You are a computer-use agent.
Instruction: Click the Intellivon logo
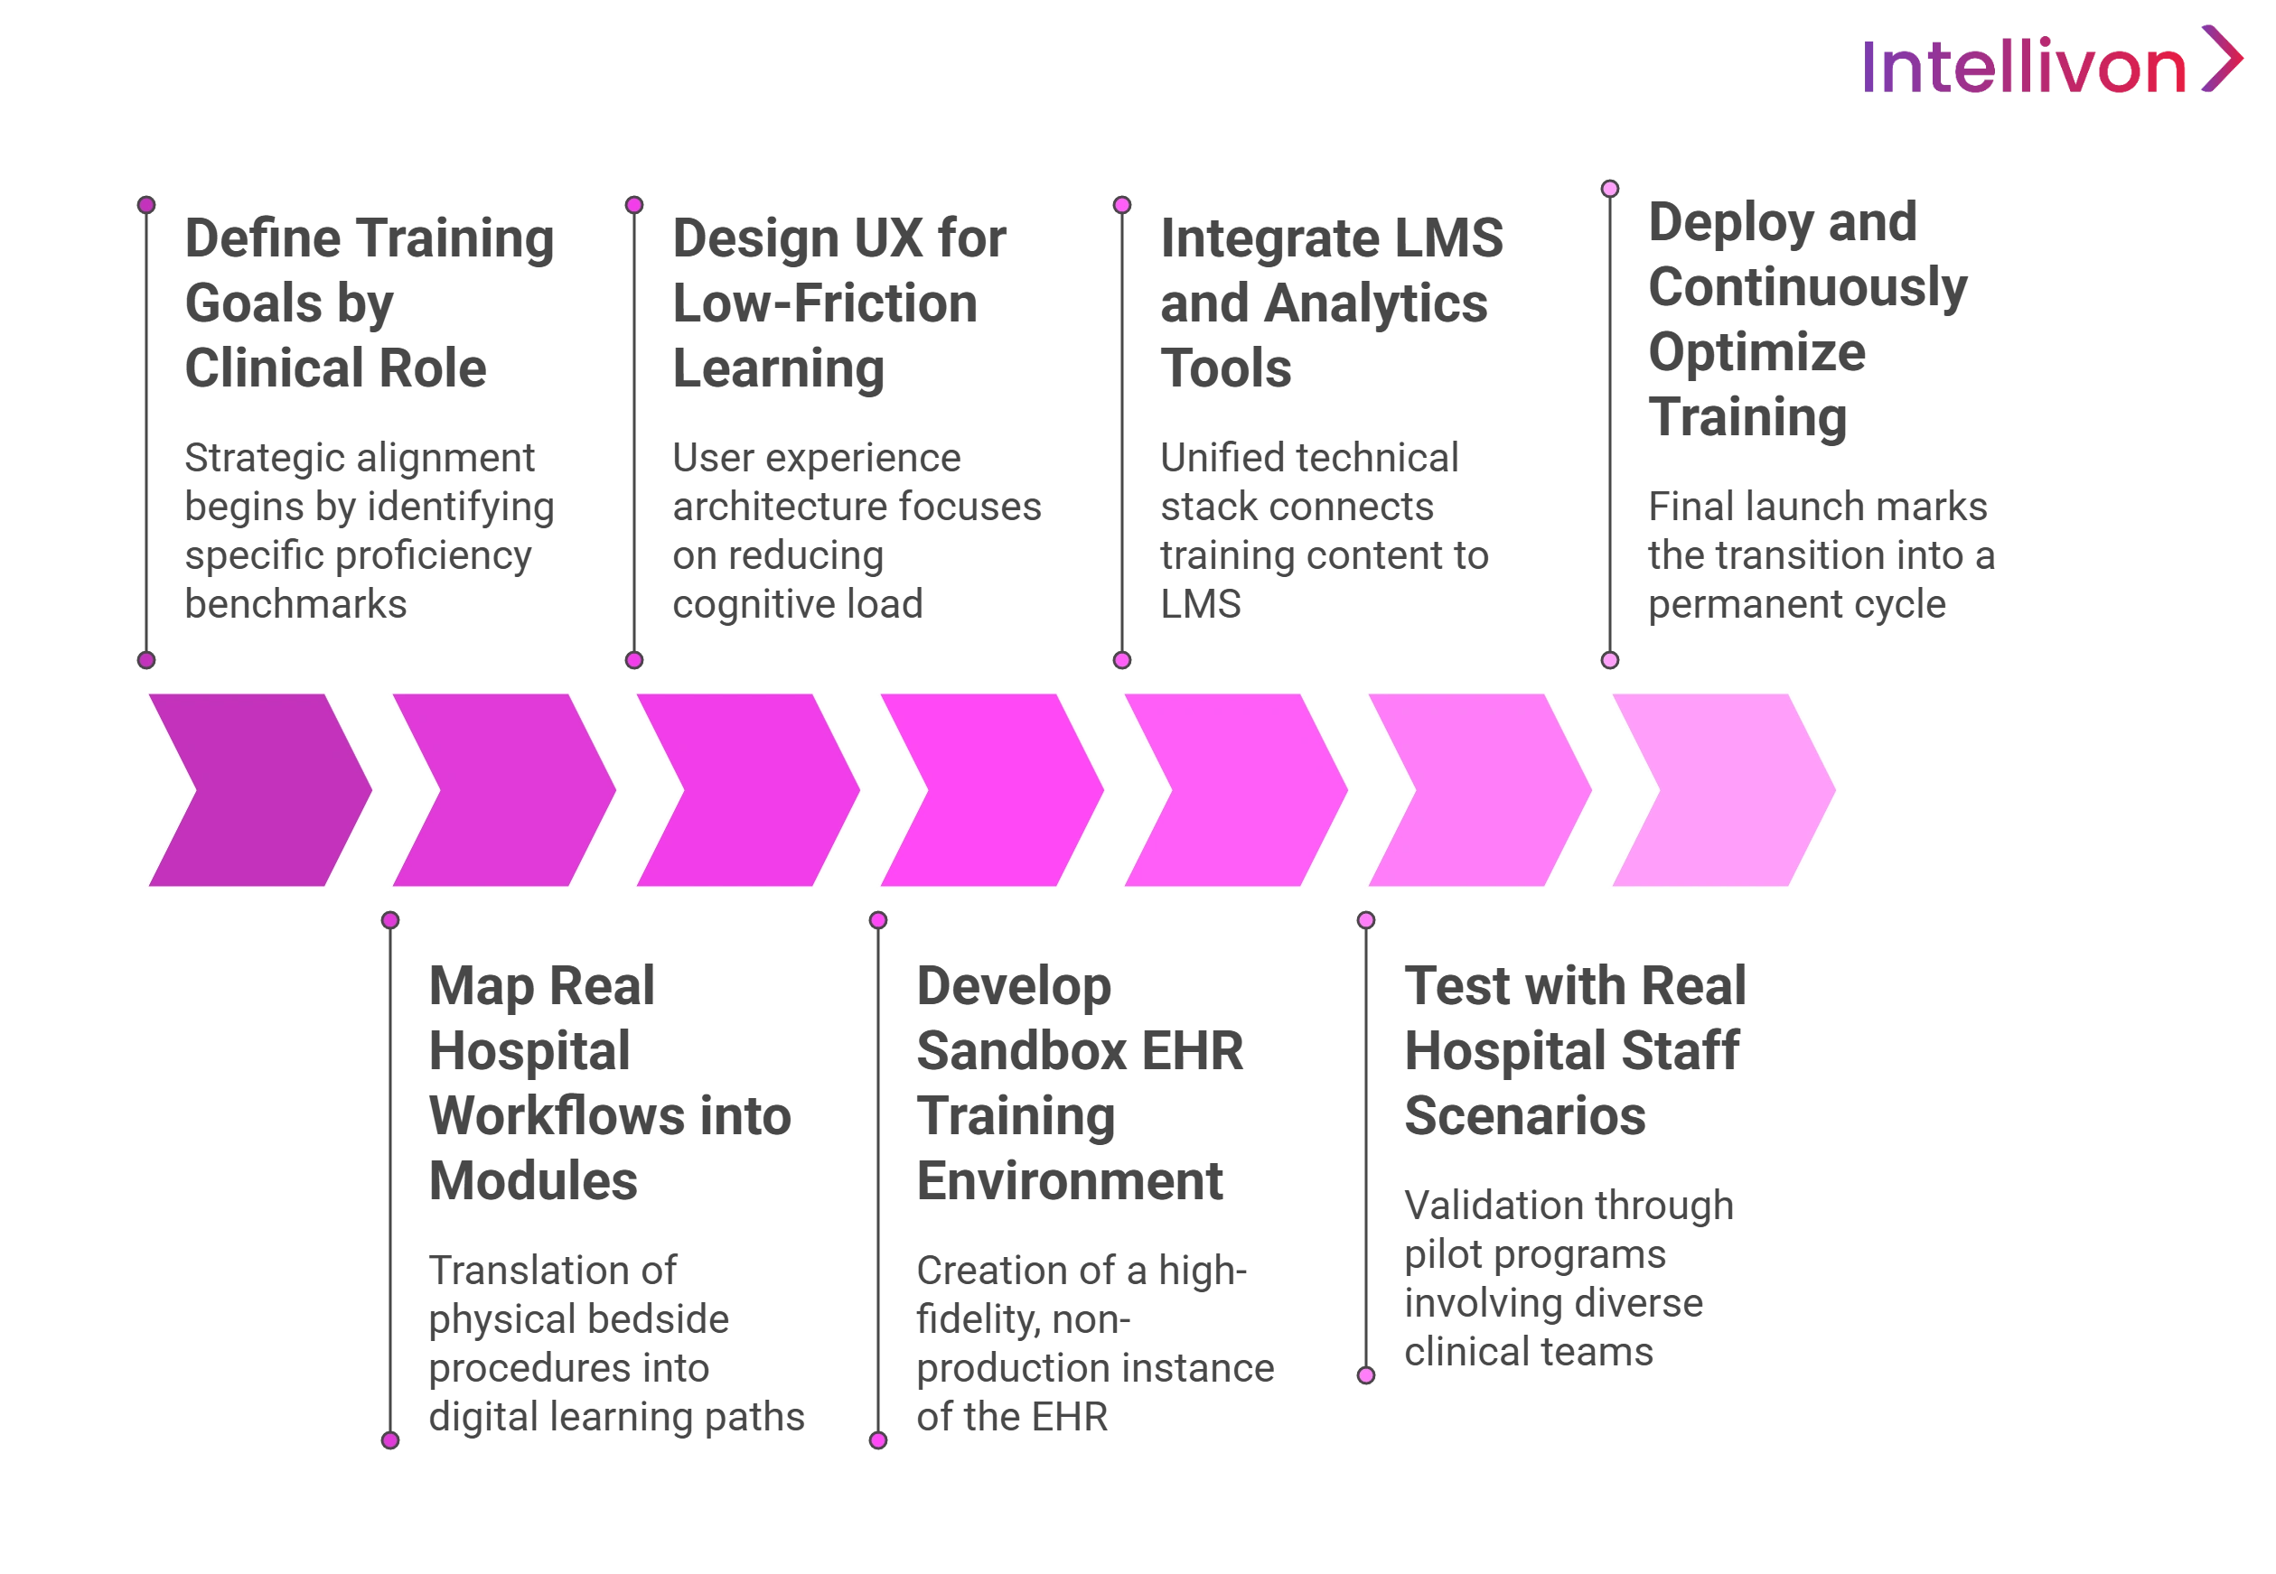2053,61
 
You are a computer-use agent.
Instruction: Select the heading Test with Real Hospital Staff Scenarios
1574,1050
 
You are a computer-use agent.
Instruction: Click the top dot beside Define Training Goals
147,205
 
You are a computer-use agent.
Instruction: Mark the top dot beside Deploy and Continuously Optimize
1610,189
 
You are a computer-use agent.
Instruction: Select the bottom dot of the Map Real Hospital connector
390,1441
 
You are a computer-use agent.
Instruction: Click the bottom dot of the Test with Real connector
1366,1374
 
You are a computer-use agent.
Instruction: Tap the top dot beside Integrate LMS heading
1121,205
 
